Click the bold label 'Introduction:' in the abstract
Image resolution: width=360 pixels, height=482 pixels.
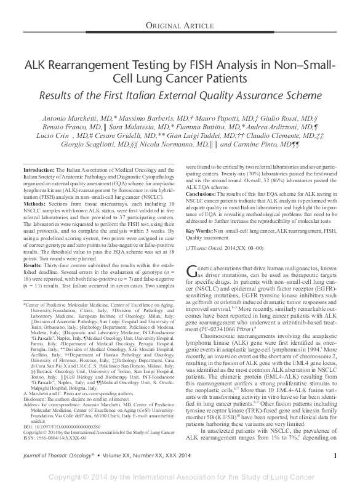tap(37, 169)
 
